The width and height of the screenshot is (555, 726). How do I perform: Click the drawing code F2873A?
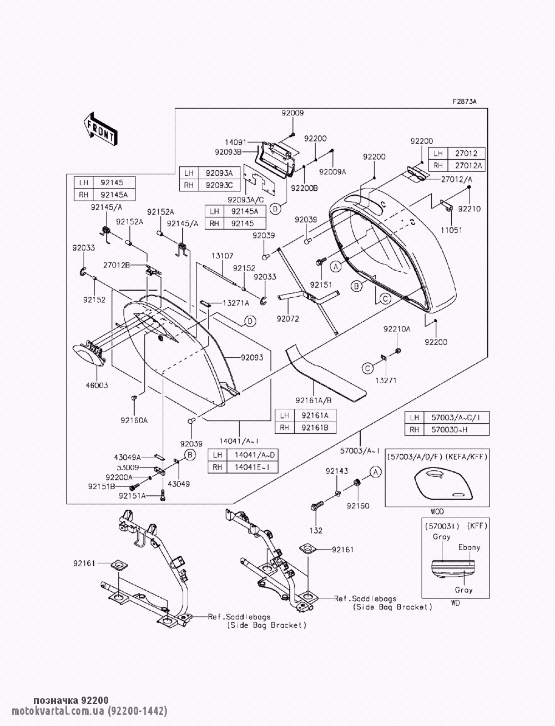pyautogui.click(x=464, y=101)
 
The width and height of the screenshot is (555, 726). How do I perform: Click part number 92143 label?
pyautogui.click(x=337, y=471)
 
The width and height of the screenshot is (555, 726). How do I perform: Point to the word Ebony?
pyautogui.click(x=469, y=547)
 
